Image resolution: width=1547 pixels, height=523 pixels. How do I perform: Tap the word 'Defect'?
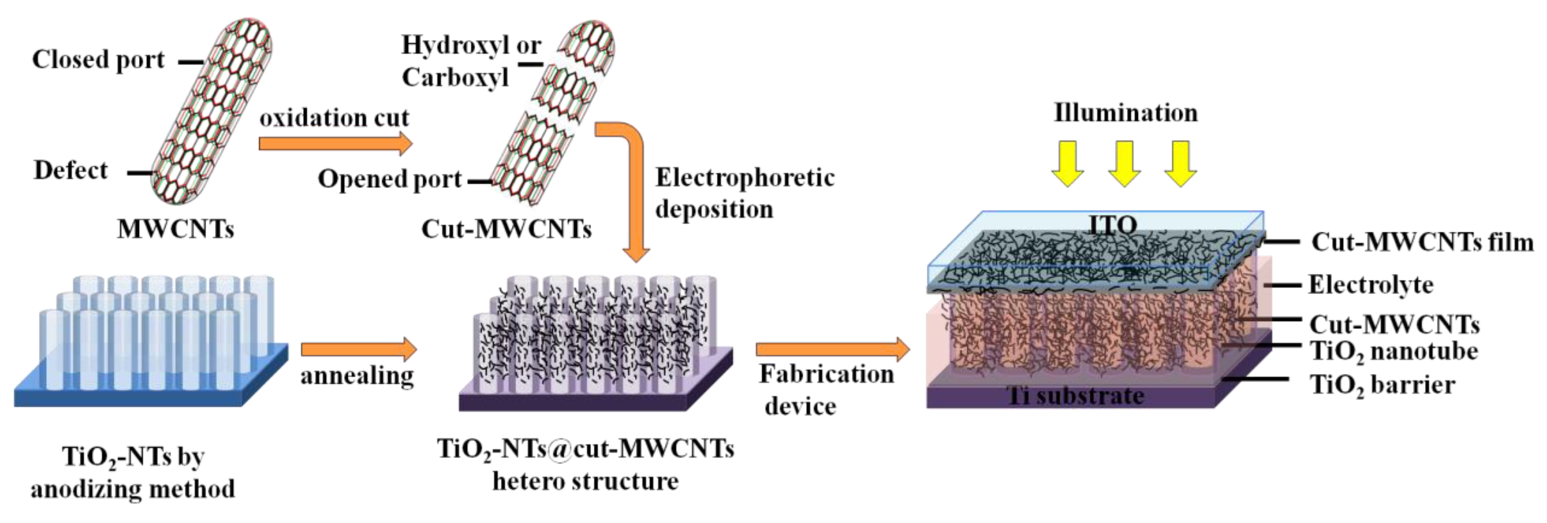tap(71, 171)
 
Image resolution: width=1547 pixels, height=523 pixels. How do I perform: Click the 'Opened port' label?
tap(390, 179)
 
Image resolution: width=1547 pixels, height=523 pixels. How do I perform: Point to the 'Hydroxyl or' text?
tap(472, 45)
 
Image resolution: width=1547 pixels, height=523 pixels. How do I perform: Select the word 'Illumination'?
tap(1125, 113)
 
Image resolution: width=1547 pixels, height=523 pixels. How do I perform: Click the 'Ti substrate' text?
tap(1075, 396)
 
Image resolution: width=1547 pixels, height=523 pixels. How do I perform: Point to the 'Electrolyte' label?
tap(1370, 285)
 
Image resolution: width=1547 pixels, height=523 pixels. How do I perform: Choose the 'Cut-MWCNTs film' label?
tap(1421, 242)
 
